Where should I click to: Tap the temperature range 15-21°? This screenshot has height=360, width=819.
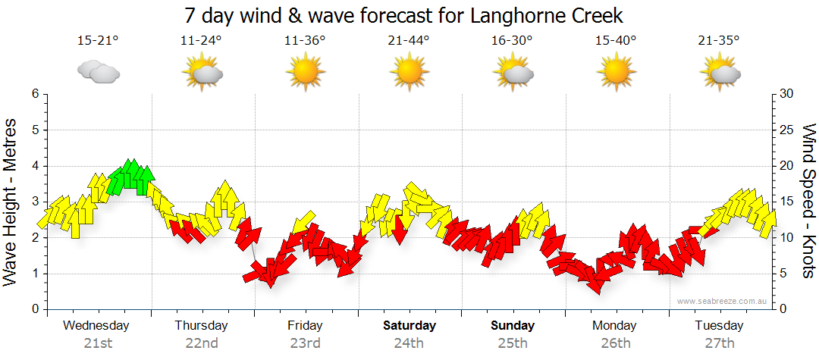pyautogui.click(x=98, y=41)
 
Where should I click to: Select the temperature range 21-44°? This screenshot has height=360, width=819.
pyautogui.click(x=409, y=41)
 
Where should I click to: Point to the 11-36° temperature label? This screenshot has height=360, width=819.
pyautogui.click(x=305, y=41)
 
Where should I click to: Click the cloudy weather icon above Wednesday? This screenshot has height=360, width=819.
pyautogui.click(x=98, y=72)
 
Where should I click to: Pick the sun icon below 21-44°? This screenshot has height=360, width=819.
pyautogui.click(x=409, y=72)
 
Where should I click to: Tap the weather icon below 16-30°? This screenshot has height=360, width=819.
pyautogui.click(x=513, y=72)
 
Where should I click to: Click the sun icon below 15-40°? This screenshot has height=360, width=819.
pyautogui.click(x=616, y=72)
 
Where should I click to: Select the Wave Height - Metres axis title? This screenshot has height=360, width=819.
pyautogui.click(x=11, y=202)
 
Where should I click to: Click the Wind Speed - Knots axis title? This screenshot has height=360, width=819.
pyautogui.click(x=808, y=202)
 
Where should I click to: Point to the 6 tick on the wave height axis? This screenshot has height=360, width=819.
pyautogui.click(x=34, y=94)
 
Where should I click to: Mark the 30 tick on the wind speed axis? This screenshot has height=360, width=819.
pyautogui.click(x=786, y=94)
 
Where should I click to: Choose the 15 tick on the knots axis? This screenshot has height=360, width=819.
pyautogui.click(x=786, y=202)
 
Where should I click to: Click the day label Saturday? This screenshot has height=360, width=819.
pyautogui.click(x=409, y=326)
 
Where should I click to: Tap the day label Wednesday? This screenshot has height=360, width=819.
pyautogui.click(x=96, y=326)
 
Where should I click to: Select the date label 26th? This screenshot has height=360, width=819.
pyautogui.click(x=616, y=343)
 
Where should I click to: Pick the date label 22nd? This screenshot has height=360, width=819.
pyautogui.click(x=202, y=343)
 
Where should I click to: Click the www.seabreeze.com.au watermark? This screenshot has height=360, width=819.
pyautogui.click(x=723, y=301)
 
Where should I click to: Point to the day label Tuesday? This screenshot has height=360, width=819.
pyautogui.click(x=719, y=326)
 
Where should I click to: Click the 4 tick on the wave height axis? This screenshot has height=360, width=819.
pyautogui.click(x=34, y=166)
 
